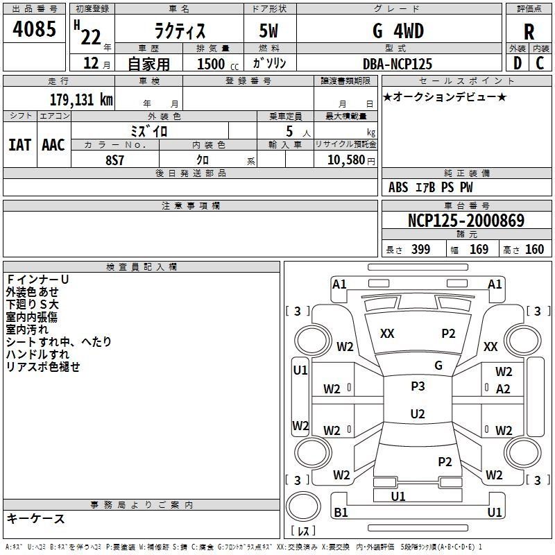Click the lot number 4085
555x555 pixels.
34,28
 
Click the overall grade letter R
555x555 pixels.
529,32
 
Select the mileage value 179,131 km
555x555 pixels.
81,99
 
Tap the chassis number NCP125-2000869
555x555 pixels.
466,220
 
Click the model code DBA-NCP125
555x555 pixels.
398,64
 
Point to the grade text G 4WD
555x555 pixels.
398,31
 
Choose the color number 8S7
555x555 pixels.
114,160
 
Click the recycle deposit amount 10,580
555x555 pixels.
346,160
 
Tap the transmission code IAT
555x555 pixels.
19,145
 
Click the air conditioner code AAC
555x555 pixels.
53,145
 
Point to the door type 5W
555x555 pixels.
268,31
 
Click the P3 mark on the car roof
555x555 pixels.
418,386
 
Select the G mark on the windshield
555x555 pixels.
438,366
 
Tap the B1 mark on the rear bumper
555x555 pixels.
341,512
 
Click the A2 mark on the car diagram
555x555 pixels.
503,389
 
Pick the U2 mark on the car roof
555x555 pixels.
418,413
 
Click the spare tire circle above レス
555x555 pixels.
303,506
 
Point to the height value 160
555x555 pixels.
534,250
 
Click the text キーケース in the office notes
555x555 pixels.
36,518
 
